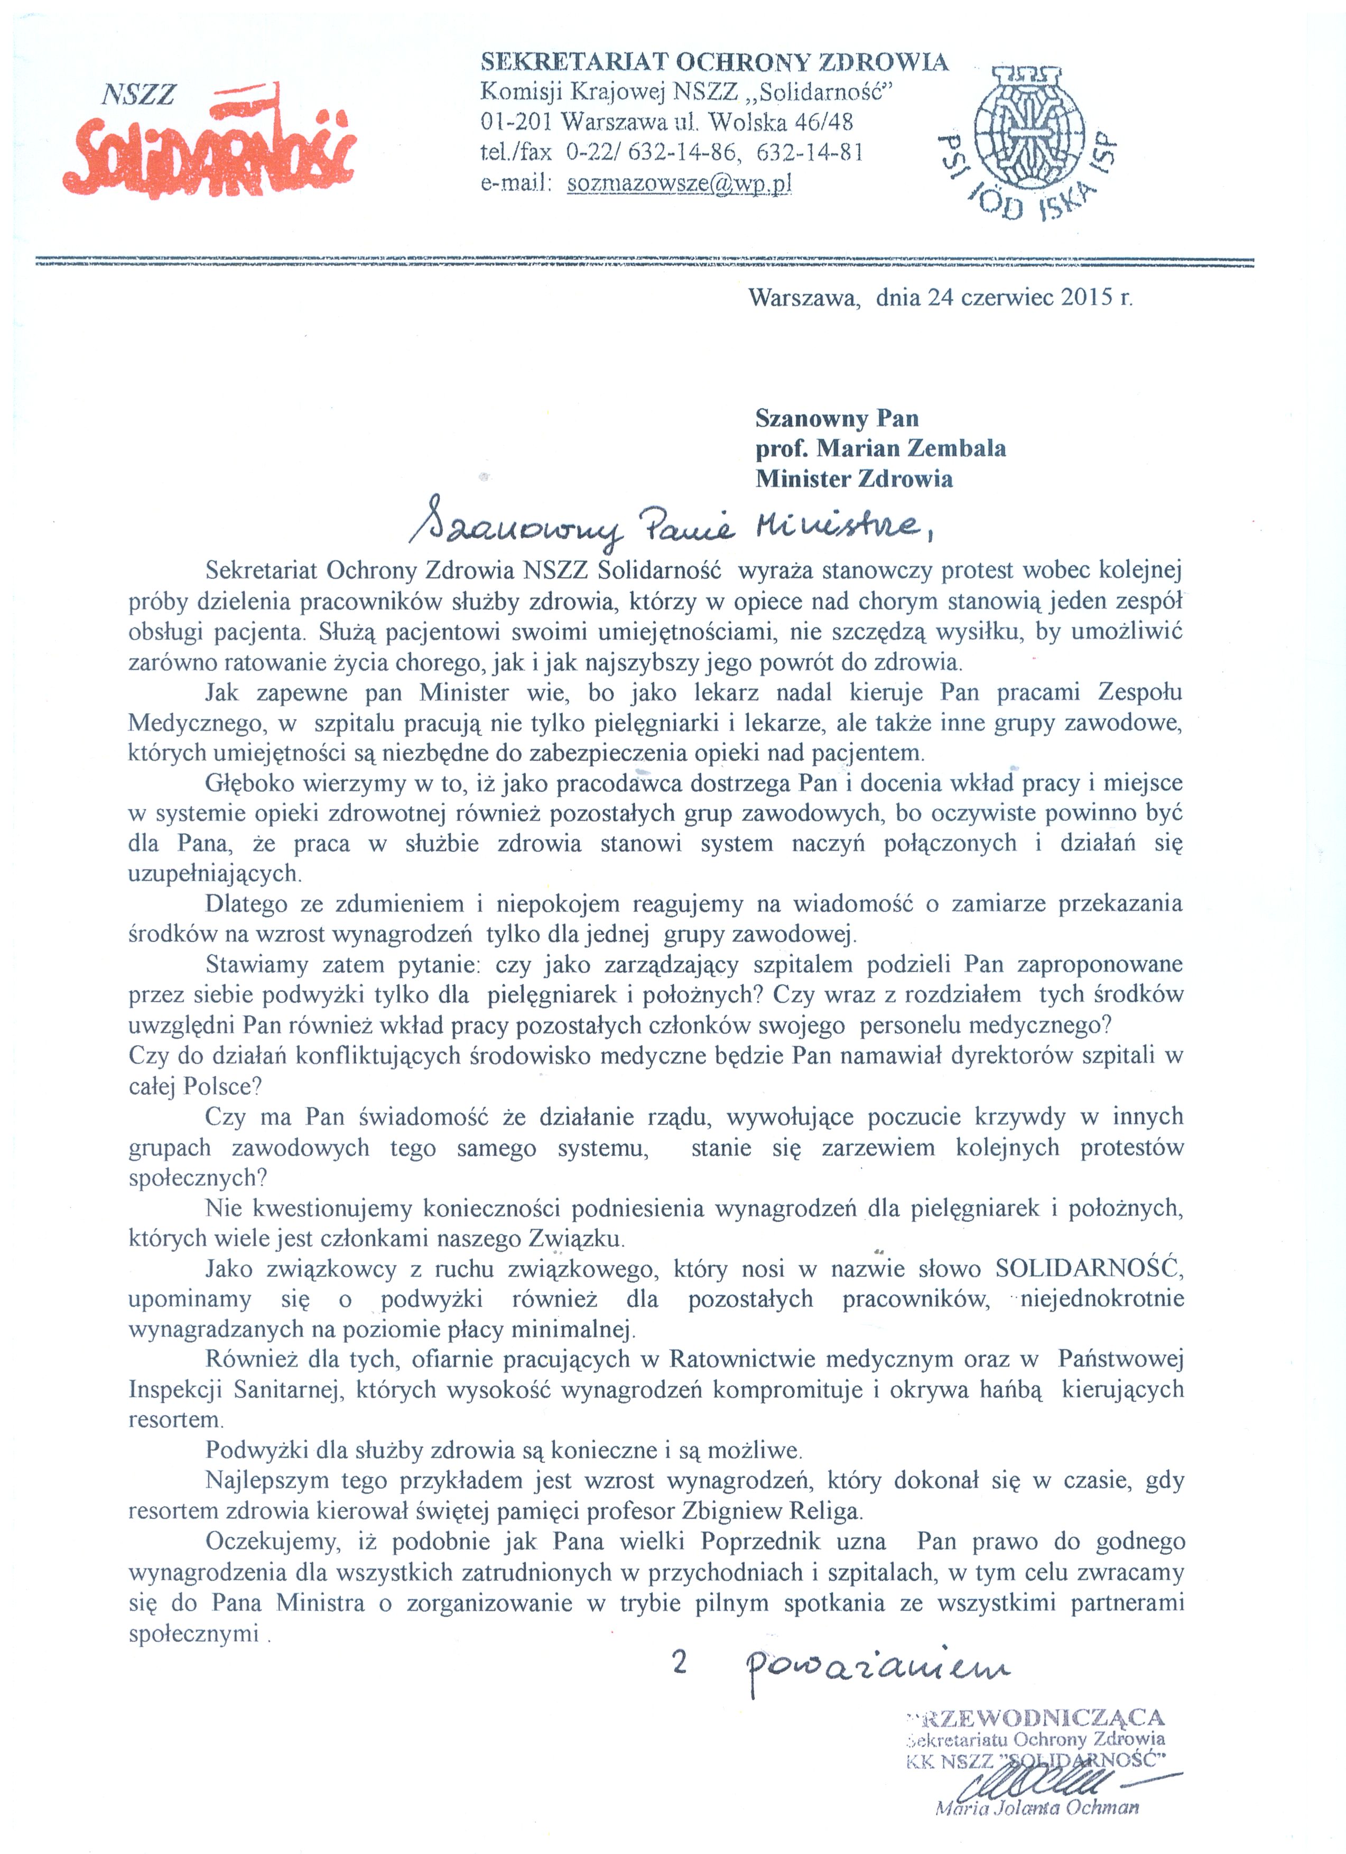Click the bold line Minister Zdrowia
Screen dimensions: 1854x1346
854,478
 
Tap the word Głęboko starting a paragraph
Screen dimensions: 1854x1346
249,783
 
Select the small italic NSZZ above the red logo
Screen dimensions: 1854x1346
138,95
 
